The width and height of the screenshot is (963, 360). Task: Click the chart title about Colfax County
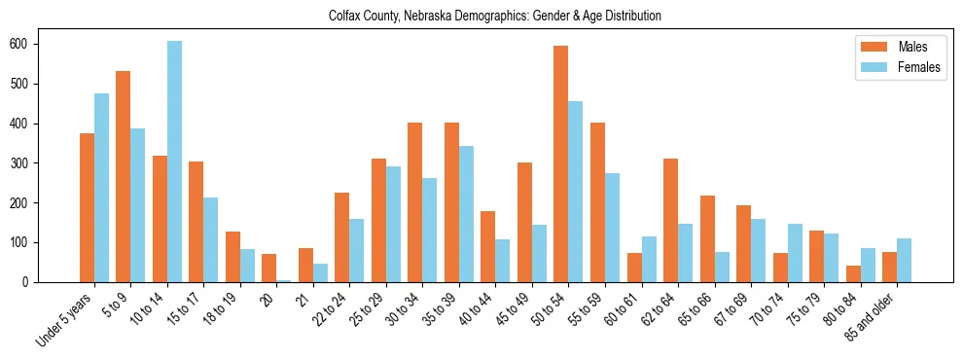tap(481, 17)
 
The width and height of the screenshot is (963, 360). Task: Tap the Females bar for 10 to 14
tap(174, 162)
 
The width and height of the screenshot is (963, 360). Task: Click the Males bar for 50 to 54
tap(560, 163)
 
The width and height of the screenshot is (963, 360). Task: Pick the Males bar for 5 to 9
tap(123, 176)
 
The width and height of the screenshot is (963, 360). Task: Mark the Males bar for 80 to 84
tap(853, 273)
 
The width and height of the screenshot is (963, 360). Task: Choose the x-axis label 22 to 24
tap(328, 310)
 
